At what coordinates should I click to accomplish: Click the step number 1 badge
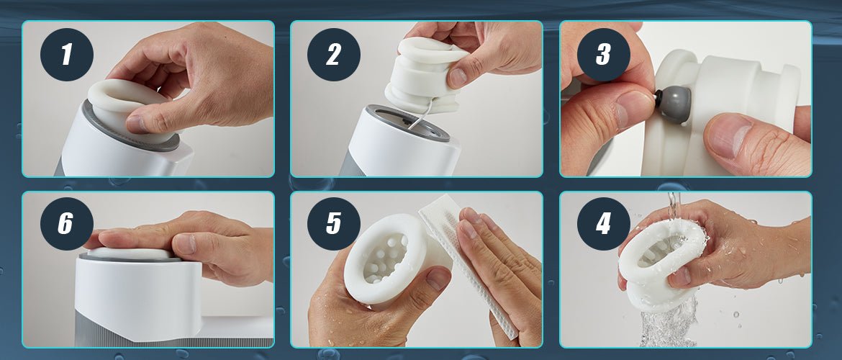tap(67, 54)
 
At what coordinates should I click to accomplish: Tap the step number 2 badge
tap(333, 54)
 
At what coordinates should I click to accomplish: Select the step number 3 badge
tap(604, 54)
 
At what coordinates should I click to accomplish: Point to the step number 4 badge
tap(604, 223)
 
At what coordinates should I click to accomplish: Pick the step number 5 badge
tap(333, 223)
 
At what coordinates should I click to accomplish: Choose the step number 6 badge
tap(67, 223)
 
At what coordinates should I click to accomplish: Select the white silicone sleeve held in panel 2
tap(424, 75)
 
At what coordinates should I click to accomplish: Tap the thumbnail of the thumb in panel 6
tap(185, 243)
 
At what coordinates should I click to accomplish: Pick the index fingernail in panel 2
tap(458, 77)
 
